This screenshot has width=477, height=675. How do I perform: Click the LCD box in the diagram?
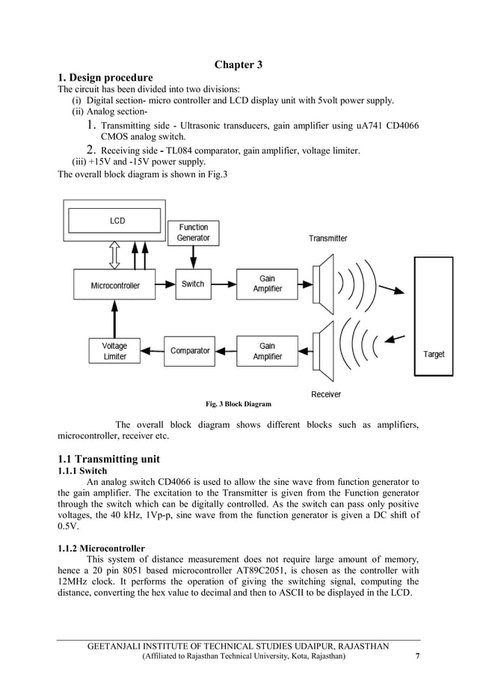point(117,221)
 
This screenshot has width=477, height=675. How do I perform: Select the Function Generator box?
point(193,232)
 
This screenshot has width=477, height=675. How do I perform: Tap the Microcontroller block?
point(115,284)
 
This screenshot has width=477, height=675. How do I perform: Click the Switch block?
point(193,284)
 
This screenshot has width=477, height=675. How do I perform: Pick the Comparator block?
point(190,351)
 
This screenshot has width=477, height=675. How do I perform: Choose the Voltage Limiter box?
point(115,351)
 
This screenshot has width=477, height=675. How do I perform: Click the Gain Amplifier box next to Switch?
point(267,284)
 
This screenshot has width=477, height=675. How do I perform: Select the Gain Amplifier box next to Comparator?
point(267,351)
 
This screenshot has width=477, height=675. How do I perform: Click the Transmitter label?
point(327,238)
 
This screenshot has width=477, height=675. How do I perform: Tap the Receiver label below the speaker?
point(326,394)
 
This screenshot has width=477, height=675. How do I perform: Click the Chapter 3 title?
point(238,64)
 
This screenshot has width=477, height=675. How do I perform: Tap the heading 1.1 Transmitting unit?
point(109,459)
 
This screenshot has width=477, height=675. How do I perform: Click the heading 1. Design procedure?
point(105,78)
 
